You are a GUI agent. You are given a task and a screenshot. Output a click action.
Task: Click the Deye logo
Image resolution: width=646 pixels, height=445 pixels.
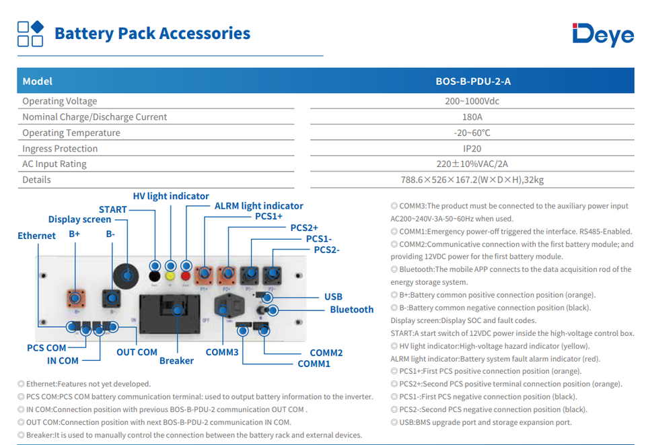point(603,34)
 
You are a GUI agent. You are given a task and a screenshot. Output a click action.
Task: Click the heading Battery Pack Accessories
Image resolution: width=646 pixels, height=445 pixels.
point(153,34)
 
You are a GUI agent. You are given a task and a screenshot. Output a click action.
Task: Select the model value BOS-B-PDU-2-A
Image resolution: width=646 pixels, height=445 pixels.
point(473,81)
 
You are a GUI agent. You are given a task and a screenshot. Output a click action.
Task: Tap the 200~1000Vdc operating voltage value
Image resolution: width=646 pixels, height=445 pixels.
point(472,102)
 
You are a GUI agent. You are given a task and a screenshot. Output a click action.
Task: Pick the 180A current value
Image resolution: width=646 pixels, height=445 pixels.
point(472,117)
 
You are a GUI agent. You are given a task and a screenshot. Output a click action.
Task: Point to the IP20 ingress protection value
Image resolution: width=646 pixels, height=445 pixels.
point(472,149)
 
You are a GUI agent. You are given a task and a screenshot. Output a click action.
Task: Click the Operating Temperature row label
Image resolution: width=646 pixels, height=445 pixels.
point(71,133)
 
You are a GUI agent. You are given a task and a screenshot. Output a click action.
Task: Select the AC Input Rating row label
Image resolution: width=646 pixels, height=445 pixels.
point(55,164)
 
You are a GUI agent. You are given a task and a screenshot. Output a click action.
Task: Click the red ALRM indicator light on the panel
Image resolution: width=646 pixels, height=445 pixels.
point(186,276)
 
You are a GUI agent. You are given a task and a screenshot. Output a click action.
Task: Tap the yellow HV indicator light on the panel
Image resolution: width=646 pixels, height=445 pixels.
point(170,276)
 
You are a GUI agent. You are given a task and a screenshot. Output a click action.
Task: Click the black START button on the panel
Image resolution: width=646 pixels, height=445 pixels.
point(155,276)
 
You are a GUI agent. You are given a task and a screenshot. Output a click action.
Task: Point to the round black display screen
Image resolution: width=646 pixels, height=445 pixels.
point(126,276)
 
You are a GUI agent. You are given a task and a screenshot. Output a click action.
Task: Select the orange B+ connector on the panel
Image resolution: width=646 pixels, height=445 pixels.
point(76,298)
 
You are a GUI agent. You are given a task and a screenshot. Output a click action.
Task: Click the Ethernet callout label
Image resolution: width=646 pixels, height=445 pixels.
point(36,236)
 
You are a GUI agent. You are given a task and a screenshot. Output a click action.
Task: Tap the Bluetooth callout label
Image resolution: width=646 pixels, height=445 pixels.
point(352,310)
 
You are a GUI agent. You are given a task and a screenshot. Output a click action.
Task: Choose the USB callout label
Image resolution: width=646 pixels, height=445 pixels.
point(333,297)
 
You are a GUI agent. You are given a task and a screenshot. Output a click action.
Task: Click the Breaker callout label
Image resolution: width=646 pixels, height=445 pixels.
point(176,361)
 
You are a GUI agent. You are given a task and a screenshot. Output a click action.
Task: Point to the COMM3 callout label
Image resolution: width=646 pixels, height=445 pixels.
point(222,352)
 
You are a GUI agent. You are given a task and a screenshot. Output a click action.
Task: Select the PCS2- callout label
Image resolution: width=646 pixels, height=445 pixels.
point(327,250)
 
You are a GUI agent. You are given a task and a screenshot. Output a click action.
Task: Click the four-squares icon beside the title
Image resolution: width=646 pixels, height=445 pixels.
point(30,34)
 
